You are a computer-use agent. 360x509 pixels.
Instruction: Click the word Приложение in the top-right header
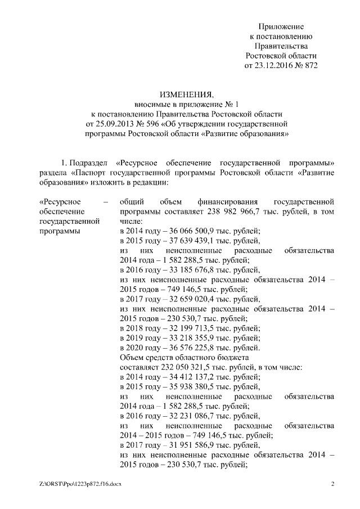click(281, 26)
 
